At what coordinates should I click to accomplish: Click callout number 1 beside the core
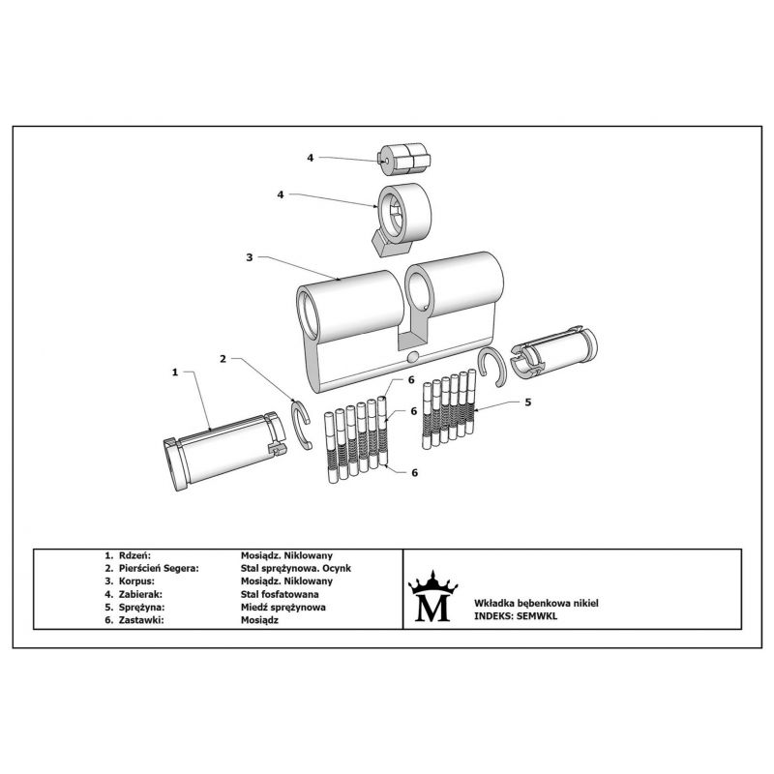pos(175,372)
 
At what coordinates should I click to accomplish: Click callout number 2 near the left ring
pos(223,359)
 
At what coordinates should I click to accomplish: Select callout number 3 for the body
pos(250,257)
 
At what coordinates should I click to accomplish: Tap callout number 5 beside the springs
pos(527,402)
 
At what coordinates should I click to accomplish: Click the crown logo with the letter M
pos(432,596)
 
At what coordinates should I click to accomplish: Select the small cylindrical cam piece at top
pos(403,159)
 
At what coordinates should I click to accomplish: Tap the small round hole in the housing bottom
pos(413,357)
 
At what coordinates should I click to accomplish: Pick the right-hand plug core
pos(553,351)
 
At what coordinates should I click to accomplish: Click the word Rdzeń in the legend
pos(134,555)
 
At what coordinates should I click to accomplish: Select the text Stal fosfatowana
pos(280,594)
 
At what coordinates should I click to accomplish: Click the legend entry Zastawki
pos(141,620)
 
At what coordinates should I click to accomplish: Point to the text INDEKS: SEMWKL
pos(516,616)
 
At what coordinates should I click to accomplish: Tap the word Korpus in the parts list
pos(136,581)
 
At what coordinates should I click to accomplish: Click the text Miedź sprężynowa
pos(283,608)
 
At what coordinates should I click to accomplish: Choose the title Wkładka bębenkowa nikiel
pos(536,603)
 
